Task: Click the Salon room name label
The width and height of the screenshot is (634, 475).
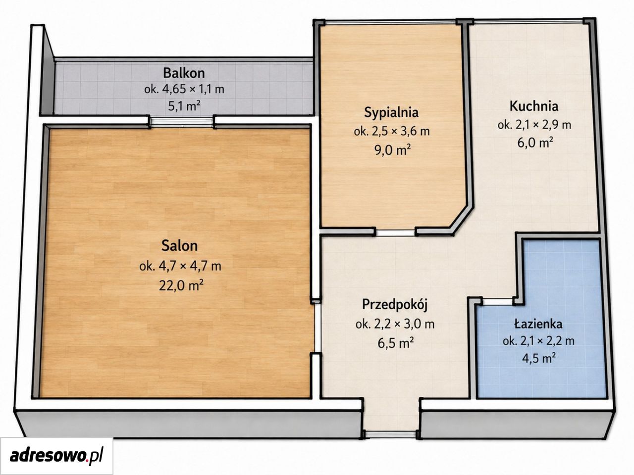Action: click(x=179, y=246)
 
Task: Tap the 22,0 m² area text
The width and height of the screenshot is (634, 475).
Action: click(x=181, y=285)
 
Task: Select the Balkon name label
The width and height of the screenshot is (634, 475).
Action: click(x=184, y=73)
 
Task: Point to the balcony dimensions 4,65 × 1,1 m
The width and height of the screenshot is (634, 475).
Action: click(x=184, y=89)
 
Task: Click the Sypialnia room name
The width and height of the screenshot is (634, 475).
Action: click(x=391, y=112)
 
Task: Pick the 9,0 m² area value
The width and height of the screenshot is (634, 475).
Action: click(x=392, y=150)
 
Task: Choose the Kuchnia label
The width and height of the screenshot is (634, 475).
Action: click(x=534, y=106)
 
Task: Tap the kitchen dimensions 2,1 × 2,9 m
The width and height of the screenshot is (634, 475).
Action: click(x=534, y=125)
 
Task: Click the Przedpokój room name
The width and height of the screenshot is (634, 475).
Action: click(x=395, y=305)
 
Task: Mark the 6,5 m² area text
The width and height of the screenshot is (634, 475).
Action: click(x=395, y=343)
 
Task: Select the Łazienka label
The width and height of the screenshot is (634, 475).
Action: click(x=538, y=324)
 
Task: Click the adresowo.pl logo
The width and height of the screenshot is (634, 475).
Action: click(x=56, y=455)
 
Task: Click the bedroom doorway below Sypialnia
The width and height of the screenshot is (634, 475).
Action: click(x=395, y=233)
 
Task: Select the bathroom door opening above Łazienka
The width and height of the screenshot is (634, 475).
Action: click(x=497, y=302)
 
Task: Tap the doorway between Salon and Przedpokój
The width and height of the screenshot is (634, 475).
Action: click(x=317, y=328)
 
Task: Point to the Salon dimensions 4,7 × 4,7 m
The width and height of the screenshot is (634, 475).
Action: click(x=180, y=266)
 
